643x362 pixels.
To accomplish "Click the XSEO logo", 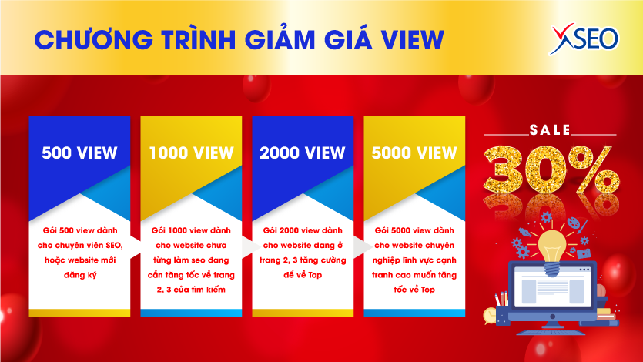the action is point(584,39).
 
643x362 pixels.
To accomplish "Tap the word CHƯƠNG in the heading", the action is point(94,39).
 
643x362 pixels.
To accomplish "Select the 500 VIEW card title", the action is point(79,153).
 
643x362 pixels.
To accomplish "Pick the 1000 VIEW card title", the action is point(191,153).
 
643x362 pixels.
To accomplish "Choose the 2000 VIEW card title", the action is point(303,153).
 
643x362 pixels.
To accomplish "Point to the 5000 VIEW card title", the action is point(414,153).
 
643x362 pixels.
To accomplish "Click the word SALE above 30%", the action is point(550,130).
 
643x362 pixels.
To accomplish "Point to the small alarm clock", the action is point(490,315).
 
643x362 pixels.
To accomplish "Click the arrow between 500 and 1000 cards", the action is point(136,246).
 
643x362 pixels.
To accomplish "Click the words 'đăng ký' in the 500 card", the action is point(80,275).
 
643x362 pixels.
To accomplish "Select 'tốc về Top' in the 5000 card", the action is point(414,290).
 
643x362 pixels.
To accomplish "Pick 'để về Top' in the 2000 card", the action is point(303,275).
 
